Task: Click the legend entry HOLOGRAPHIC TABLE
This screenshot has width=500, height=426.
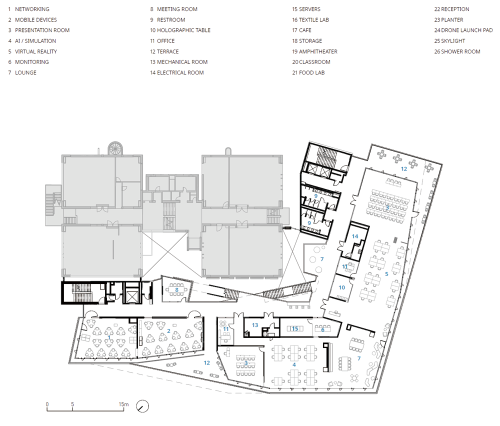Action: [180, 30]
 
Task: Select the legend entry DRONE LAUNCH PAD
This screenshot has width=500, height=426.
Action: [463, 30]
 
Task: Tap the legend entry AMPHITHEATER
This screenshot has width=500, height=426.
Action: [314, 51]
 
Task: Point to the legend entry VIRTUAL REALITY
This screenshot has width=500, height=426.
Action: [32, 51]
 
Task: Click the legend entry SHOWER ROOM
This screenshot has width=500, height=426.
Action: [457, 51]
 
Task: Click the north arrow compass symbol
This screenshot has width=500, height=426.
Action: [142, 406]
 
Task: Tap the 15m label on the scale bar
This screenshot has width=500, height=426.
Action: [123, 404]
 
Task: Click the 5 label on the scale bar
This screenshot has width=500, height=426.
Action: [72, 404]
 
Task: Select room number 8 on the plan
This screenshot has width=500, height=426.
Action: [176, 290]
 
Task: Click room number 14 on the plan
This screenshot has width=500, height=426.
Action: [355, 236]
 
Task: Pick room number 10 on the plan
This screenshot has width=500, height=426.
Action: [342, 287]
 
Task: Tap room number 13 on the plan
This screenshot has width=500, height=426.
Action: [255, 325]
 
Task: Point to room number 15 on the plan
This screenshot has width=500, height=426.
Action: [295, 328]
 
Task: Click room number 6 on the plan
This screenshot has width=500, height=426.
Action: [322, 329]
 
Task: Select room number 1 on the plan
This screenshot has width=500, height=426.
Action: [109, 337]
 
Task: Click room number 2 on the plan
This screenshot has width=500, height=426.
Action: [168, 331]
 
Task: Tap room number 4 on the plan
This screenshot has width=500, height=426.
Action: [294, 364]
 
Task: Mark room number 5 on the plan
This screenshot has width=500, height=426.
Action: [386, 274]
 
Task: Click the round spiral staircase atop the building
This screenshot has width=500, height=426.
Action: [115, 148]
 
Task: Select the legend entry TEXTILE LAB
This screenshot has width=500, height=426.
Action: [310, 20]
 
